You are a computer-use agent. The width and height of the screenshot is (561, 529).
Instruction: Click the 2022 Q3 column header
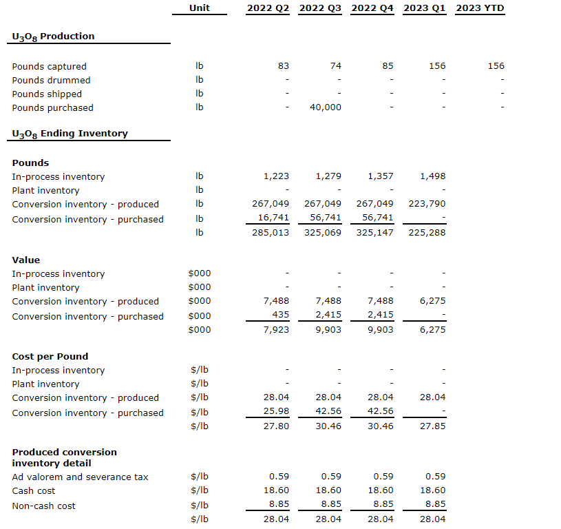point(320,8)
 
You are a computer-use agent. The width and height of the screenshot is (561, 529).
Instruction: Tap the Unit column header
point(199,8)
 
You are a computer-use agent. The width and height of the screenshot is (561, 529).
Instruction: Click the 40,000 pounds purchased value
point(325,107)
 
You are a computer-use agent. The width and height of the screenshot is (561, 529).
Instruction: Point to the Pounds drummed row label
point(51,80)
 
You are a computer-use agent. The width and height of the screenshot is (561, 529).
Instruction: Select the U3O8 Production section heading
point(53,37)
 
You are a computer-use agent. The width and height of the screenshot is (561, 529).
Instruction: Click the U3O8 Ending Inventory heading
point(70,134)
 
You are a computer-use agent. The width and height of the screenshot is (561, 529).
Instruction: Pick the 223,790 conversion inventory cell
point(428,204)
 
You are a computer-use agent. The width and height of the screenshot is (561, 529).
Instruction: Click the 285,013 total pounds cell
point(271,232)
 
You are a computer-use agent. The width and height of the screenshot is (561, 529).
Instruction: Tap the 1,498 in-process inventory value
point(432,176)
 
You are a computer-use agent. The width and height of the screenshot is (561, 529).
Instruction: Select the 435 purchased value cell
point(279,314)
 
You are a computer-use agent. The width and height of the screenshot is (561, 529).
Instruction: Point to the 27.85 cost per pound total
point(432,426)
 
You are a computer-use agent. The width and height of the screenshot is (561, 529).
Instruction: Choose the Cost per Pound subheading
point(50,356)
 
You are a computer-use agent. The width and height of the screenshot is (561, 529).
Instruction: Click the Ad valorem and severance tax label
point(80,477)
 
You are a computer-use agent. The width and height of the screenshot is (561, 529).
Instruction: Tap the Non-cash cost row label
point(43,506)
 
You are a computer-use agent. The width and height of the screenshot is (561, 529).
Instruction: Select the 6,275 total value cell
point(432,329)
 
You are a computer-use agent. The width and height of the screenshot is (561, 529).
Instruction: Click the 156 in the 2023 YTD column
point(496,66)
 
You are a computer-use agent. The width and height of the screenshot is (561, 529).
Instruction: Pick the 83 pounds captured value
point(284,66)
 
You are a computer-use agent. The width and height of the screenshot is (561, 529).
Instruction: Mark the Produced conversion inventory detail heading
point(64,457)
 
